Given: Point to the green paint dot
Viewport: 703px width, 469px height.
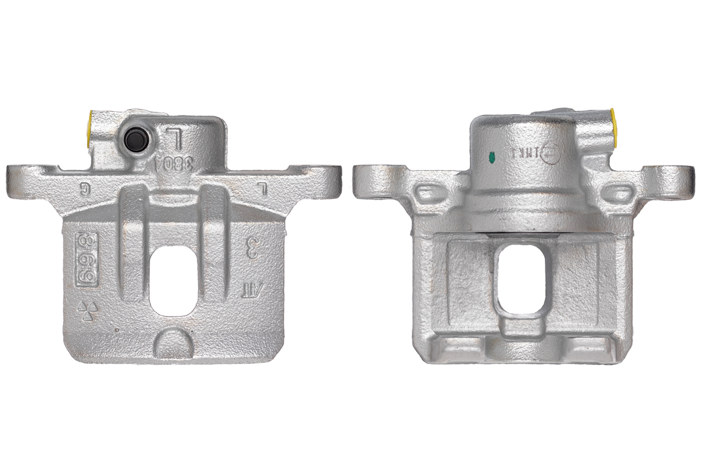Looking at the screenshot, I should tap(492, 157).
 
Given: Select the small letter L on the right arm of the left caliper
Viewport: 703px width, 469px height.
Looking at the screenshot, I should tap(263, 189).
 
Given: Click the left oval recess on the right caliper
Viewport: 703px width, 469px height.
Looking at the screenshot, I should tap(429, 192).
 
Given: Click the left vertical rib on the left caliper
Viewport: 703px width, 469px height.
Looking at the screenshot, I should tap(131, 240).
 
